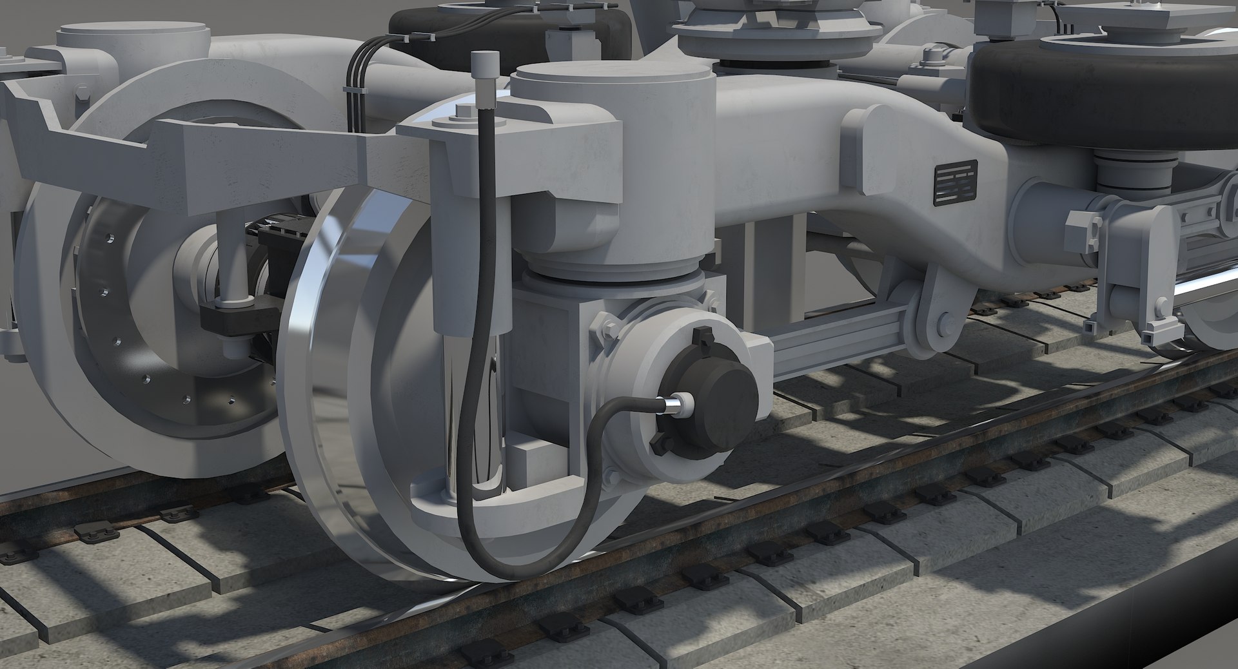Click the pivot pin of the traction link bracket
tap(944, 322)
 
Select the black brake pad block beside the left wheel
tap(232, 316)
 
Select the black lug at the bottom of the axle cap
tap(659, 445)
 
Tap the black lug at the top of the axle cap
tap(701, 338)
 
